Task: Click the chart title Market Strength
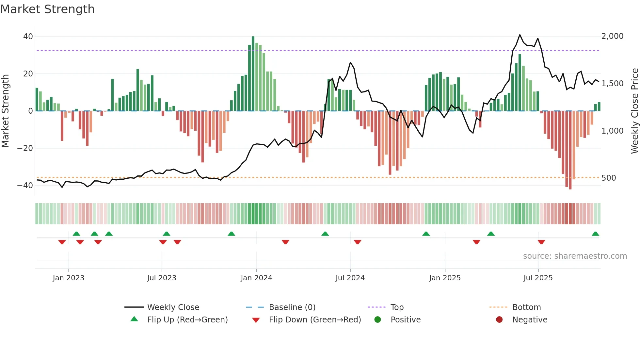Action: pos(47,9)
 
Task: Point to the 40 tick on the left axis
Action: pos(28,37)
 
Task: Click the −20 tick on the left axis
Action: pos(25,148)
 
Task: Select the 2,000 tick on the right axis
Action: pos(612,36)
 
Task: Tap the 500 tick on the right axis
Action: pos(608,178)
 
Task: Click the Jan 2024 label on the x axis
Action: pos(256,278)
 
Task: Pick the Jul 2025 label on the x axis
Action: pos(538,278)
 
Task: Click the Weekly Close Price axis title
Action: pos(634,111)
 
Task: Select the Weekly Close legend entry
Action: pos(173,307)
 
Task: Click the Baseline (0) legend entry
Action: pos(292,307)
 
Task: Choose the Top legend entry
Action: pos(397,307)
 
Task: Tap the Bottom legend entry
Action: pos(526,307)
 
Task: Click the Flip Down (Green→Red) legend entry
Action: pos(315,320)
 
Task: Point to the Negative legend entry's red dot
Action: pos(499,320)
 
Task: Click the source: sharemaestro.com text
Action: pos(575,256)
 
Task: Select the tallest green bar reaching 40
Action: pos(253,74)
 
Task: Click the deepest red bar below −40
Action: pos(570,150)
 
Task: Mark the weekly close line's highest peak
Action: pos(520,35)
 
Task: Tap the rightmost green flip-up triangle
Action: pos(595,234)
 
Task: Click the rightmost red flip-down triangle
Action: pos(541,242)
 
